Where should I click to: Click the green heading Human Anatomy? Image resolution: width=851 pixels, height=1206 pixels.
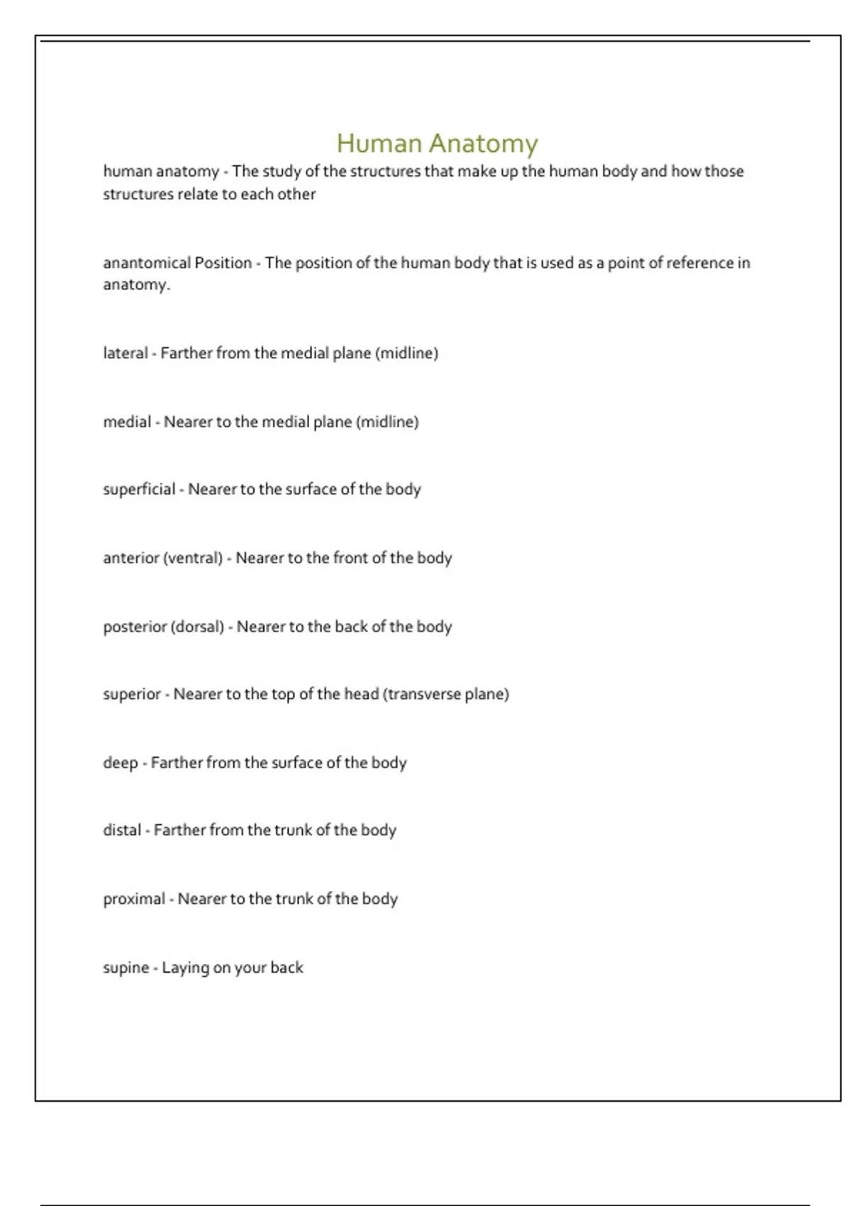click(x=437, y=143)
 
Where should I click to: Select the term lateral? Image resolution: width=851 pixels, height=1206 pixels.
click(x=125, y=353)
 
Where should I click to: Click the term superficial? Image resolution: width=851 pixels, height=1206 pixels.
click(x=139, y=489)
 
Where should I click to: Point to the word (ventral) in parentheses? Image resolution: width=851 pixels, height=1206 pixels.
click(x=193, y=558)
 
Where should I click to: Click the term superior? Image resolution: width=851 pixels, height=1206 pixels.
click(x=132, y=695)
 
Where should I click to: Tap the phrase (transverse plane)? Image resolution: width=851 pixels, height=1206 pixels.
click(x=446, y=695)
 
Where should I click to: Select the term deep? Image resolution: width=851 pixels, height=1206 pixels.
click(x=120, y=763)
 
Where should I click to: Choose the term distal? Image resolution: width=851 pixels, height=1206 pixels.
click(x=122, y=830)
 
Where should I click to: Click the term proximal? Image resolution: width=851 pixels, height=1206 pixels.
click(x=134, y=899)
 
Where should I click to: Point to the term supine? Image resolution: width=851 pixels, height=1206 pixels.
click(x=126, y=968)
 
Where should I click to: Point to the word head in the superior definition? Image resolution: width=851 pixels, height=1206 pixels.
click(x=361, y=695)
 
